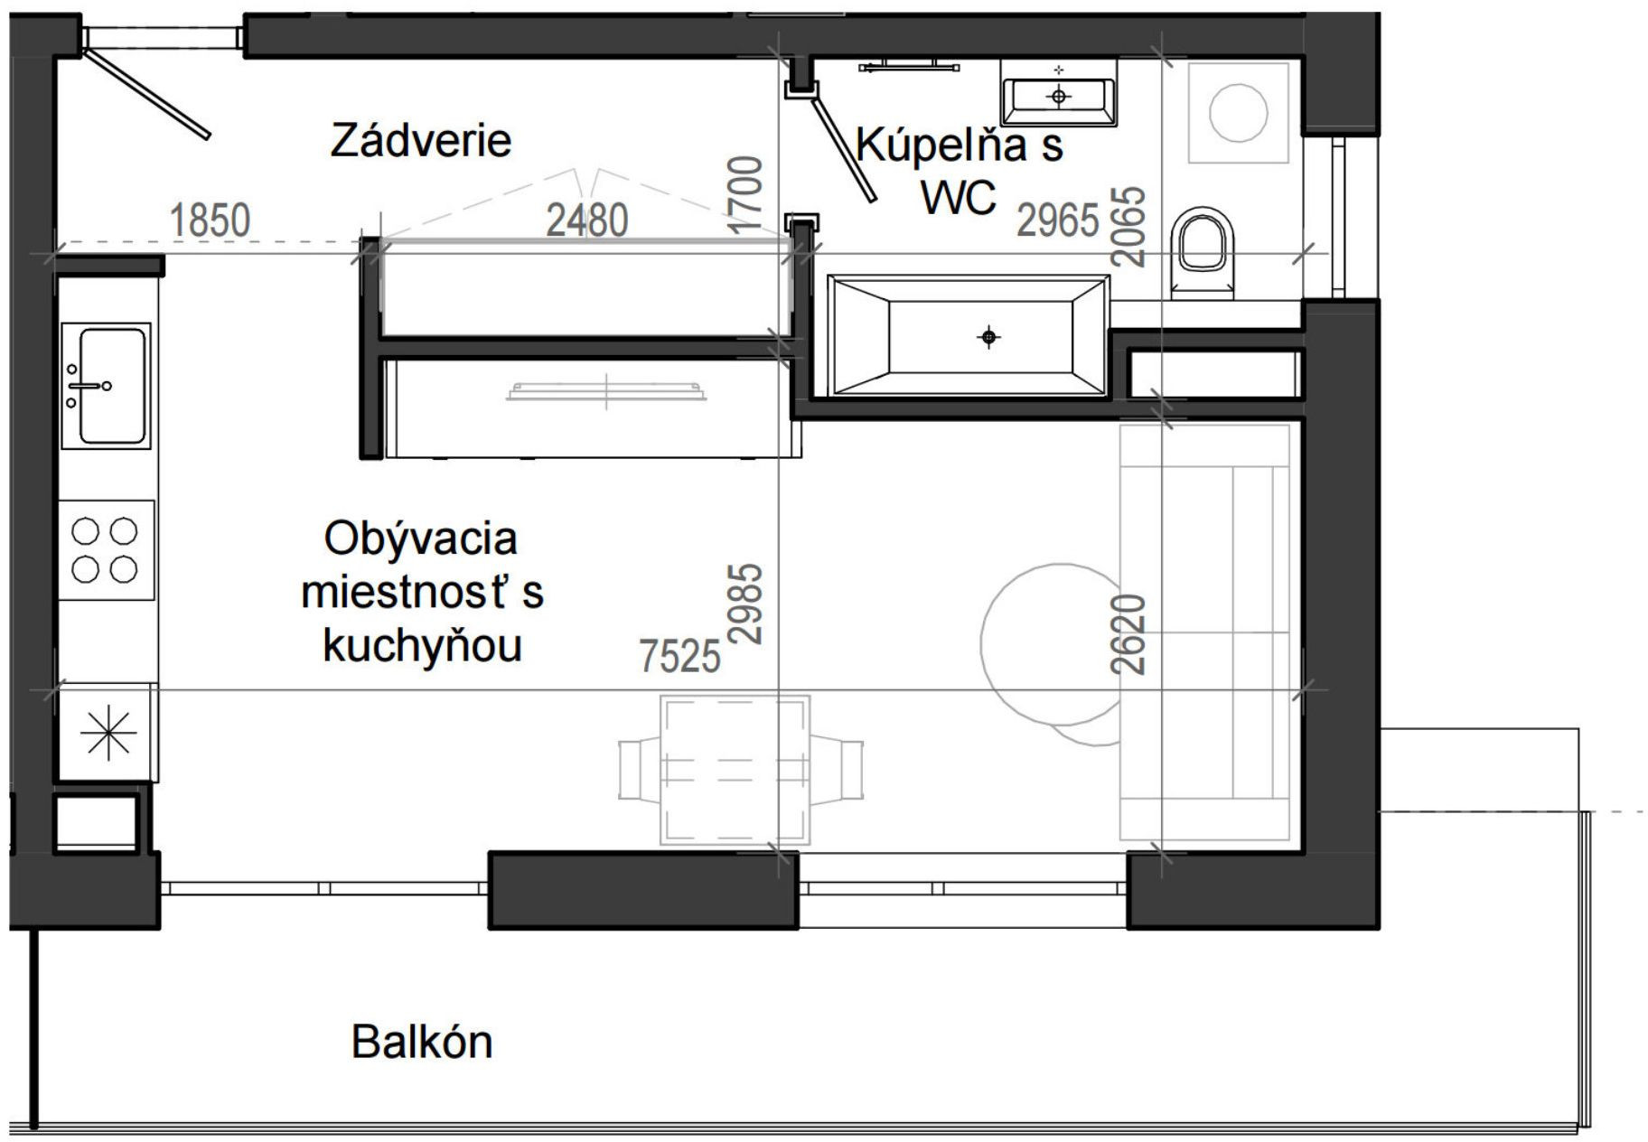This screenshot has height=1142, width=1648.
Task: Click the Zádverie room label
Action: tap(420, 141)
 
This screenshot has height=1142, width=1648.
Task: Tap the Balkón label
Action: tap(421, 1042)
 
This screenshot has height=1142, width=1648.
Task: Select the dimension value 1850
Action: tap(210, 220)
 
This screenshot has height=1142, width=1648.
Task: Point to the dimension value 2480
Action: tap(586, 220)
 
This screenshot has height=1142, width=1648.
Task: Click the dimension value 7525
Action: tap(679, 656)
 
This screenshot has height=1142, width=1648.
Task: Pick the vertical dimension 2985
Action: tap(746, 604)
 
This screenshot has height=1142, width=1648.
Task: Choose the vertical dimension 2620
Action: tap(1129, 634)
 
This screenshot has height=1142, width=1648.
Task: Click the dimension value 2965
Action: tap(1057, 220)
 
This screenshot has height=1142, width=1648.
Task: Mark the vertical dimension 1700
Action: tap(746, 195)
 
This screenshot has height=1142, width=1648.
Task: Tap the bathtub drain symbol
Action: tap(989, 337)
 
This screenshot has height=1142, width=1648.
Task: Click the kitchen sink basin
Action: tap(112, 386)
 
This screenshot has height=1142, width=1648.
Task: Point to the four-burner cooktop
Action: tap(105, 549)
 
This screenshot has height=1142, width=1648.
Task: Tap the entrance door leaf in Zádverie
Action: tap(147, 94)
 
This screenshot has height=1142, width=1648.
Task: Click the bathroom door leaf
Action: tap(844, 150)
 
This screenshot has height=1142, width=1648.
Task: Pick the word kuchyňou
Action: tap(422, 645)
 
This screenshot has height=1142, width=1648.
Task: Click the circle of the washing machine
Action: tap(1237, 112)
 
